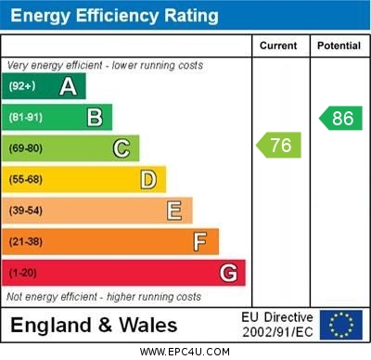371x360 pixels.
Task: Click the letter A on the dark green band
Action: tap(68, 86)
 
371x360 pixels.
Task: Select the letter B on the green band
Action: tap(95, 117)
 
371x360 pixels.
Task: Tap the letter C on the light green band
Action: tap(122, 148)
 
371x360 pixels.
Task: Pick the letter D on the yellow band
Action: tap(148, 179)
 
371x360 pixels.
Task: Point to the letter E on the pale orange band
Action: tap(174, 211)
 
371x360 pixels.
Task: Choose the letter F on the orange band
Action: tap(200, 242)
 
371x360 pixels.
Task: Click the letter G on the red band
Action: tap(228, 273)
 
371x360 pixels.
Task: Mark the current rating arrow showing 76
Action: tap(278, 145)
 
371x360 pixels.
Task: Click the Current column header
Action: tap(278, 45)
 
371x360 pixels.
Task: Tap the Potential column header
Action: tap(339, 45)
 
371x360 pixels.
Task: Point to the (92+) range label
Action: tap(22, 87)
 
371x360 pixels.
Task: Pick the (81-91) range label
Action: tap(26, 118)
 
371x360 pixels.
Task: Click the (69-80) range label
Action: tap(26, 148)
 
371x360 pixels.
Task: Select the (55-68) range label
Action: tap(26, 180)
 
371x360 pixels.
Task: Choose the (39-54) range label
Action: tap(26, 211)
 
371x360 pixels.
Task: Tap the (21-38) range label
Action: tap(26, 242)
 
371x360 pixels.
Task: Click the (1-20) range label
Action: tap(23, 274)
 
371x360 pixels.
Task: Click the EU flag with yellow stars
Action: tap(340, 325)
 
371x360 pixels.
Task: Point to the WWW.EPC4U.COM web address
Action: tap(185, 352)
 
